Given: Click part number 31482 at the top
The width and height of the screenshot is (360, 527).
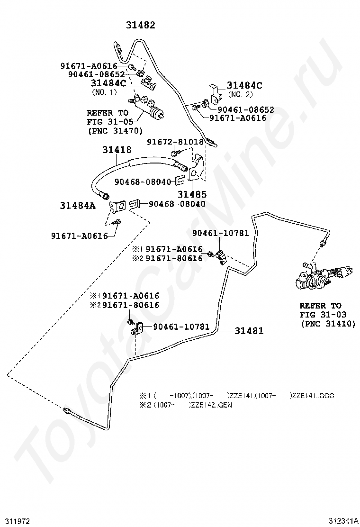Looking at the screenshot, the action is (141, 25).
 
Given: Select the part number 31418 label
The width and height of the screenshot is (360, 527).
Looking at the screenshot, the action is (117, 150).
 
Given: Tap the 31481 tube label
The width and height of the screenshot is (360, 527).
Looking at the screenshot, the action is (249, 331).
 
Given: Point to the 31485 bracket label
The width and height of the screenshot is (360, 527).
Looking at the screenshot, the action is (192, 194).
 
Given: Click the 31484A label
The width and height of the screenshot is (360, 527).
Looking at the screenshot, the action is (78, 205).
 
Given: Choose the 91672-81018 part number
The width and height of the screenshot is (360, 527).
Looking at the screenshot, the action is (175, 142).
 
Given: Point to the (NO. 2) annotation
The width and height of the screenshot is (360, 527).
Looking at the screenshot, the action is (240, 94).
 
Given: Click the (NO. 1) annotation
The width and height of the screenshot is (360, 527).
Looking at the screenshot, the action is (104, 92).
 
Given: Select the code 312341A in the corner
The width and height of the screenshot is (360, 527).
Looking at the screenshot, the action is (343, 521).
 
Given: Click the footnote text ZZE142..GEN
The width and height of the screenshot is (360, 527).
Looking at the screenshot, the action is (211, 405).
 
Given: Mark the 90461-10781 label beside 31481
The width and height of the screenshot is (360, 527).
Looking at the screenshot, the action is (181, 327).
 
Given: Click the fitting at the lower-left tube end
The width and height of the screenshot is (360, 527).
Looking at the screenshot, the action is (67, 411).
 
